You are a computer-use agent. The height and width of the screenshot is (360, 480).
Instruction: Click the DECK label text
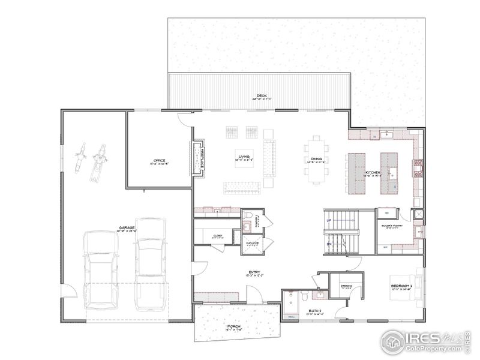[x=261, y=96]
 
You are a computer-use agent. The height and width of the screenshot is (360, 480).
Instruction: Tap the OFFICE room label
[x=159, y=161]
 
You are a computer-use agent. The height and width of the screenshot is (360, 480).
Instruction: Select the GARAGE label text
[x=126, y=229]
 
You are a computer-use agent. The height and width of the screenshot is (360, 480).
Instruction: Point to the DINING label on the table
[x=316, y=160]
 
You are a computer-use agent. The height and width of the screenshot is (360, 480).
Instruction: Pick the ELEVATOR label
[x=252, y=243]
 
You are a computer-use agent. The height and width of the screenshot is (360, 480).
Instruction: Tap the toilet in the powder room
[x=247, y=225]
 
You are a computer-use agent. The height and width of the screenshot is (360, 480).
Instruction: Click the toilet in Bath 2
[x=305, y=296]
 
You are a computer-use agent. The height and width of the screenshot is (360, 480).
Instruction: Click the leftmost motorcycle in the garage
[x=80, y=156]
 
